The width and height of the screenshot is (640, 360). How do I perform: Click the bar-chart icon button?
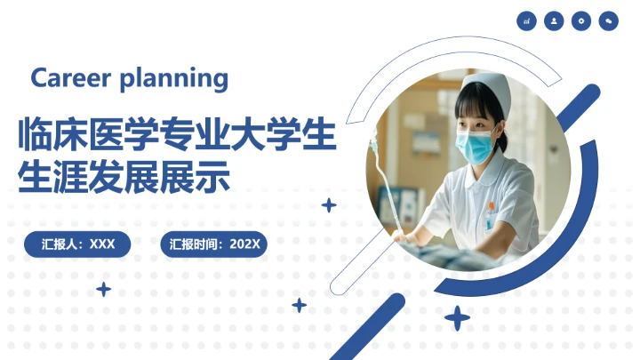click(527, 21)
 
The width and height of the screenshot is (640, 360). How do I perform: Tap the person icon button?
click(555, 21)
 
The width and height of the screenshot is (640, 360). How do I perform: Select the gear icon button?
click(581, 21)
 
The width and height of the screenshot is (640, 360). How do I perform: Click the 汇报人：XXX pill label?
click(78, 244)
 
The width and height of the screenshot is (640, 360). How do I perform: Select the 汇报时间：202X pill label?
click(214, 244)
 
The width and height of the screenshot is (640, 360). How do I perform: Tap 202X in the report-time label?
click(244, 244)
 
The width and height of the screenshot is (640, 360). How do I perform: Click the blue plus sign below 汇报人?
click(104, 289)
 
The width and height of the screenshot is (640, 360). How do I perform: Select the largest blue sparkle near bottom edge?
click(458, 318)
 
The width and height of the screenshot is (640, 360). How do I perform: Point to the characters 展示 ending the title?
click(203, 177)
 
